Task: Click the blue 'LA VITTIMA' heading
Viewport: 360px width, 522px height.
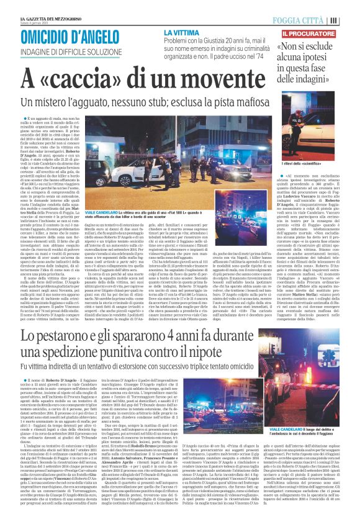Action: (181, 32)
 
